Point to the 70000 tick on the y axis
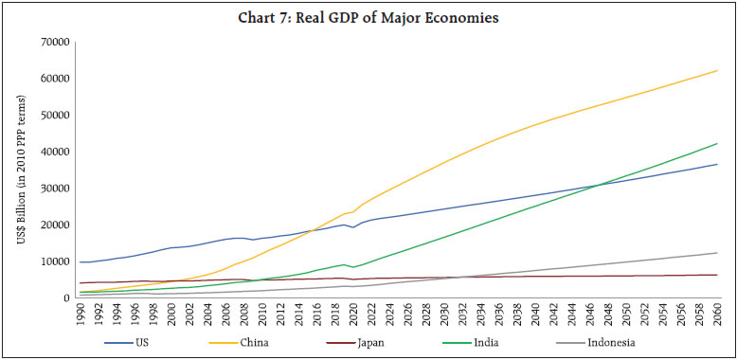coord(55,42)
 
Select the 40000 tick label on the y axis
coord(55,152)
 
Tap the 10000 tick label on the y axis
coord(55,261)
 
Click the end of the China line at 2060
coord(717,70)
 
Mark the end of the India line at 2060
coord(717,143)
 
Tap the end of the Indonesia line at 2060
coord(717,253)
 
